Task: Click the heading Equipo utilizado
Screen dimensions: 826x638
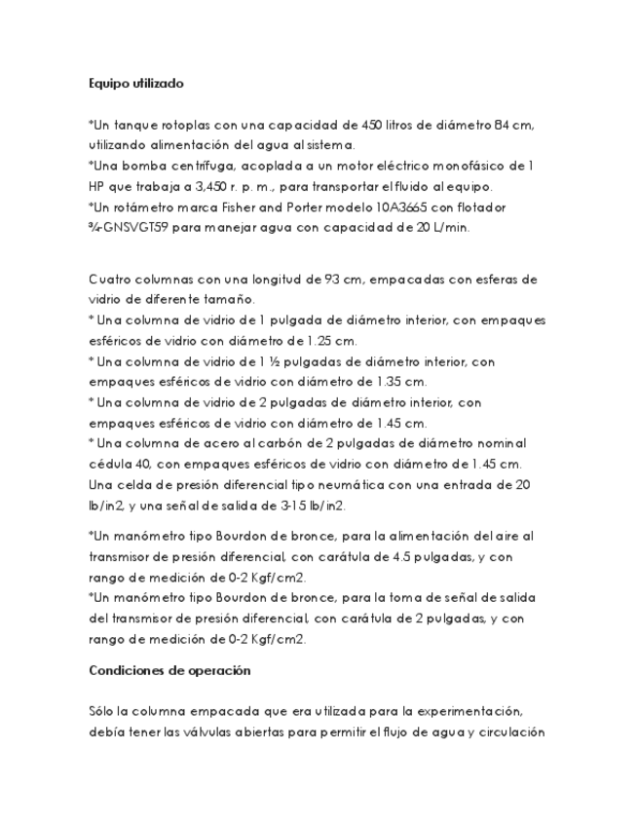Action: click(x=135, y=85)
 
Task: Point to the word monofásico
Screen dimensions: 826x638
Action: click(x=483, y=167)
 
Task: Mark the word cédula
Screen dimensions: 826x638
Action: click(x=110, y=464)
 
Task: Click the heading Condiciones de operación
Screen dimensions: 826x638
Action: click(x=169, y=670)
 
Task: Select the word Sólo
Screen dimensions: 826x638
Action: click(x=103, y=711)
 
